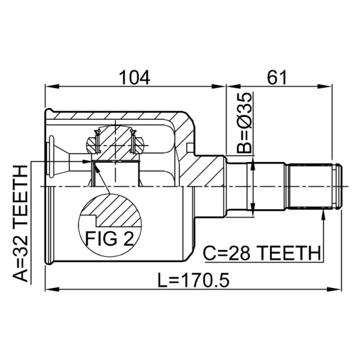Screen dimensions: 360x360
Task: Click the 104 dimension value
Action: (135, 77)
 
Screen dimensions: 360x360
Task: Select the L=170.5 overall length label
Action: (193, 280)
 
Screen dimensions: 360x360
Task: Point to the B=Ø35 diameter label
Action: (244, 123)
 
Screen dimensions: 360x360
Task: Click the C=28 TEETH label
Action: (262, 253)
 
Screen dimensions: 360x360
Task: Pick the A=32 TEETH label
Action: (20, 223)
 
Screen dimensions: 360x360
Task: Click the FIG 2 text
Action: (109, 238)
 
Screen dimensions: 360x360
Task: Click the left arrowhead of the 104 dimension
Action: (52, 86)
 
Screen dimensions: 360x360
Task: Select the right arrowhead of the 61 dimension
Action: (325, 86)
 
